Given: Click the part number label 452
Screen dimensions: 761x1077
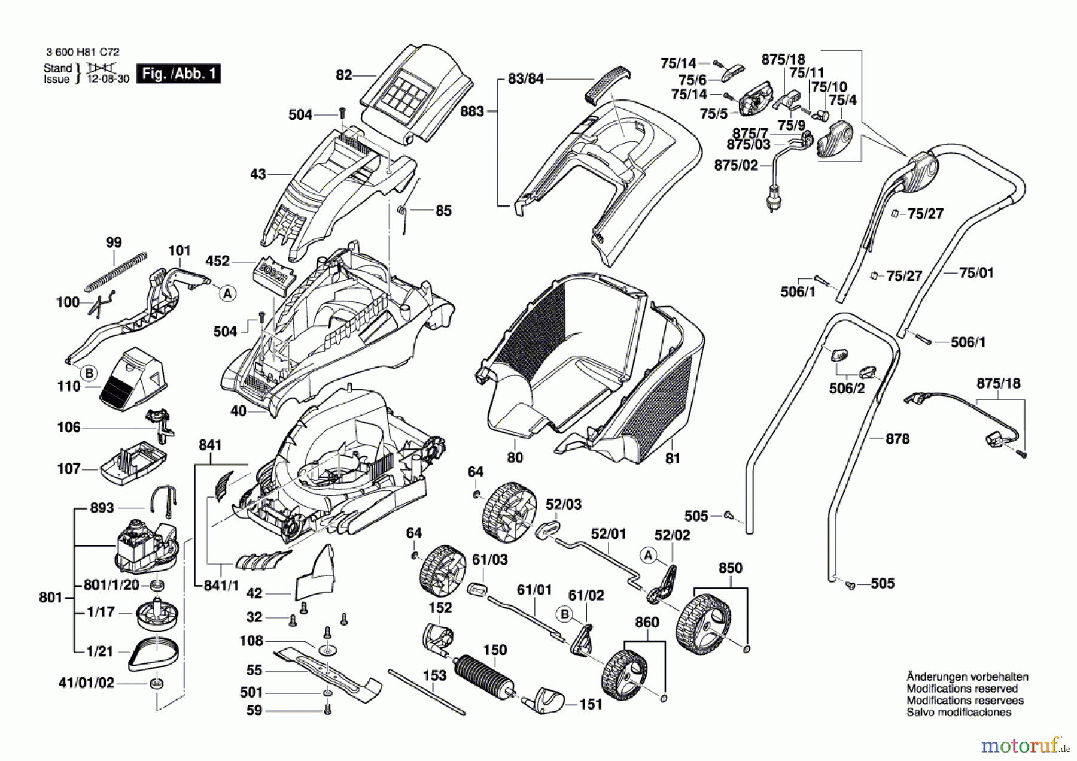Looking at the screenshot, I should (217, 261).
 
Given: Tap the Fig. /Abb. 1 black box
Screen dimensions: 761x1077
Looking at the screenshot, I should (178, 74).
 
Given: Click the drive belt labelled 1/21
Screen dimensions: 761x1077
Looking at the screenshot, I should (153, 654).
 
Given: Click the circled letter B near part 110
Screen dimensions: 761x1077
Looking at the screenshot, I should (89, 374).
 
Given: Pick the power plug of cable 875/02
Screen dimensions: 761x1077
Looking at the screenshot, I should (772, 197).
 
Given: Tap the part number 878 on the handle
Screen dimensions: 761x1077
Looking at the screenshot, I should (898, 439).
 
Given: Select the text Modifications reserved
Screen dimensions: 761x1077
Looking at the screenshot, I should (962, 689).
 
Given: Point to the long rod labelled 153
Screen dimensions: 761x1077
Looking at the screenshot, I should (426, 692).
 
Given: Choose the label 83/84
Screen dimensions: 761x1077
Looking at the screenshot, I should (525, 78).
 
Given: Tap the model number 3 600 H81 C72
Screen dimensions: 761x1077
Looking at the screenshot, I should (83, 53).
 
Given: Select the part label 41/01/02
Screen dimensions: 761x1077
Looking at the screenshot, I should (86, 683).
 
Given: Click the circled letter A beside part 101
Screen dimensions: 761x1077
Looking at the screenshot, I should (227, 293).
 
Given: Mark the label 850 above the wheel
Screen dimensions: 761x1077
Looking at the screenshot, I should (730, 568).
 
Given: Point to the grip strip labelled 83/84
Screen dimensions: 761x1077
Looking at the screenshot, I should (607, 84).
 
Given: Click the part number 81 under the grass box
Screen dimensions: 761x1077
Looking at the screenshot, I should (673, 458).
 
